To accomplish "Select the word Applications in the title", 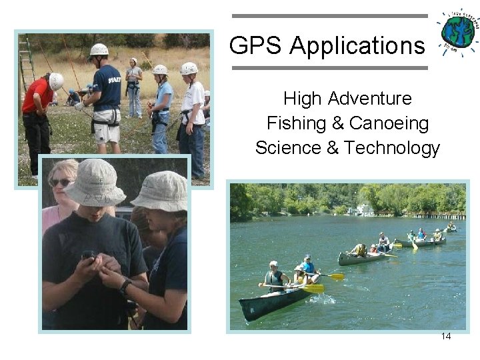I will pos(357,46).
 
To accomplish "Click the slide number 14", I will pos(446,336).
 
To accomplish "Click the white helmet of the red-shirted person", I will pos(56,81).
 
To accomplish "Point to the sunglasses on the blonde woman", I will pos(61,182).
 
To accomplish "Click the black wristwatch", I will pos(125,287).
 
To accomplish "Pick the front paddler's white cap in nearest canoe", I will pos(273,263).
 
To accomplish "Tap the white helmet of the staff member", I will pos(99,49).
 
